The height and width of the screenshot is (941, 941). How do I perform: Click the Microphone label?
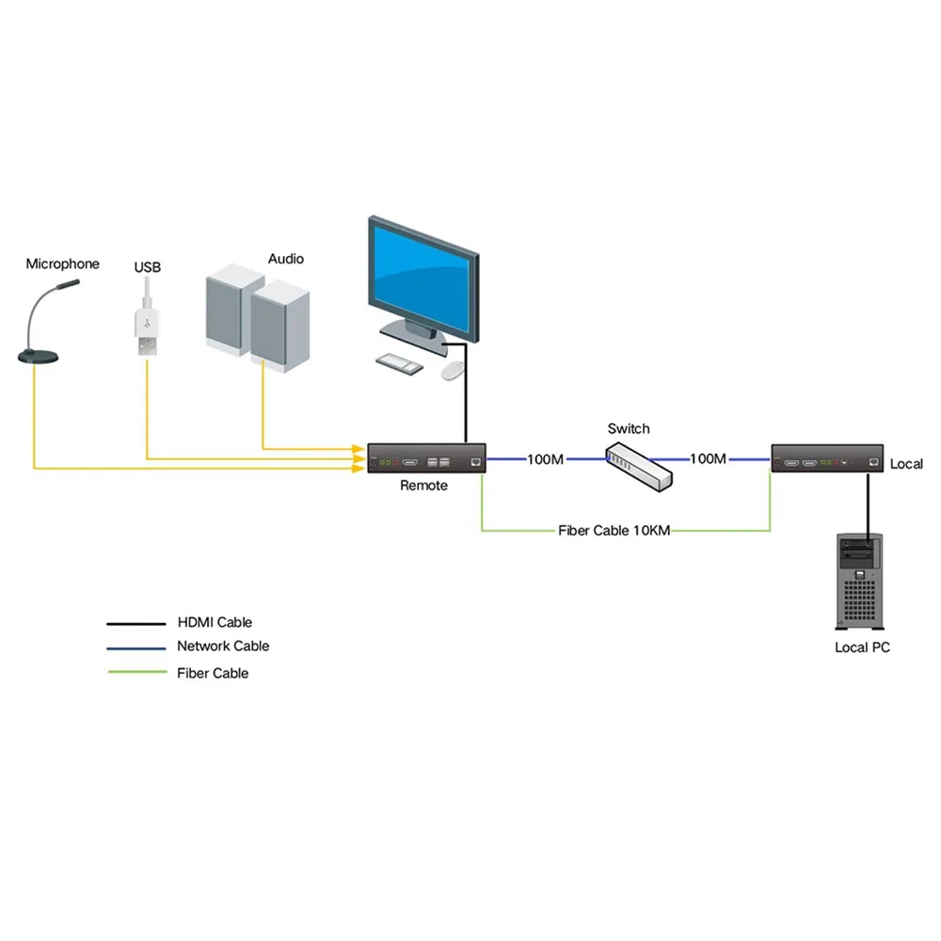[62, 263]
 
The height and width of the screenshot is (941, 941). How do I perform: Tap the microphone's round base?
[39, 356]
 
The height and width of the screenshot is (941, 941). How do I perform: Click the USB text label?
[148, 267]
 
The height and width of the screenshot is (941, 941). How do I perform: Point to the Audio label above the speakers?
[286, 258]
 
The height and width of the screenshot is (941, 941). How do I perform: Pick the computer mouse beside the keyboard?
[453, 370]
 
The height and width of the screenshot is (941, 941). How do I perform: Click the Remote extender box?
[426, 458]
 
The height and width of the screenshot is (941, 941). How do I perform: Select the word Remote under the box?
[424, 486]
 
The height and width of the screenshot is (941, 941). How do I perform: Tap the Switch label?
[629, 428]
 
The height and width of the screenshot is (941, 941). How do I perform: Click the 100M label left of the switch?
[545, 459]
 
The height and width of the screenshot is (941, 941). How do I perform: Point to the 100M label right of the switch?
[708, 458]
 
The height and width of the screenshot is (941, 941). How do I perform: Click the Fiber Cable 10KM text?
[614, 531]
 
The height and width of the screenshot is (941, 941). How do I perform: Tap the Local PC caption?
[862, 647]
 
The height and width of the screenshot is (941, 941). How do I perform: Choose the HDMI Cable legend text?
[215, 622]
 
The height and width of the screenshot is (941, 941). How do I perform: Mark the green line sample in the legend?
[136, 672]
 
